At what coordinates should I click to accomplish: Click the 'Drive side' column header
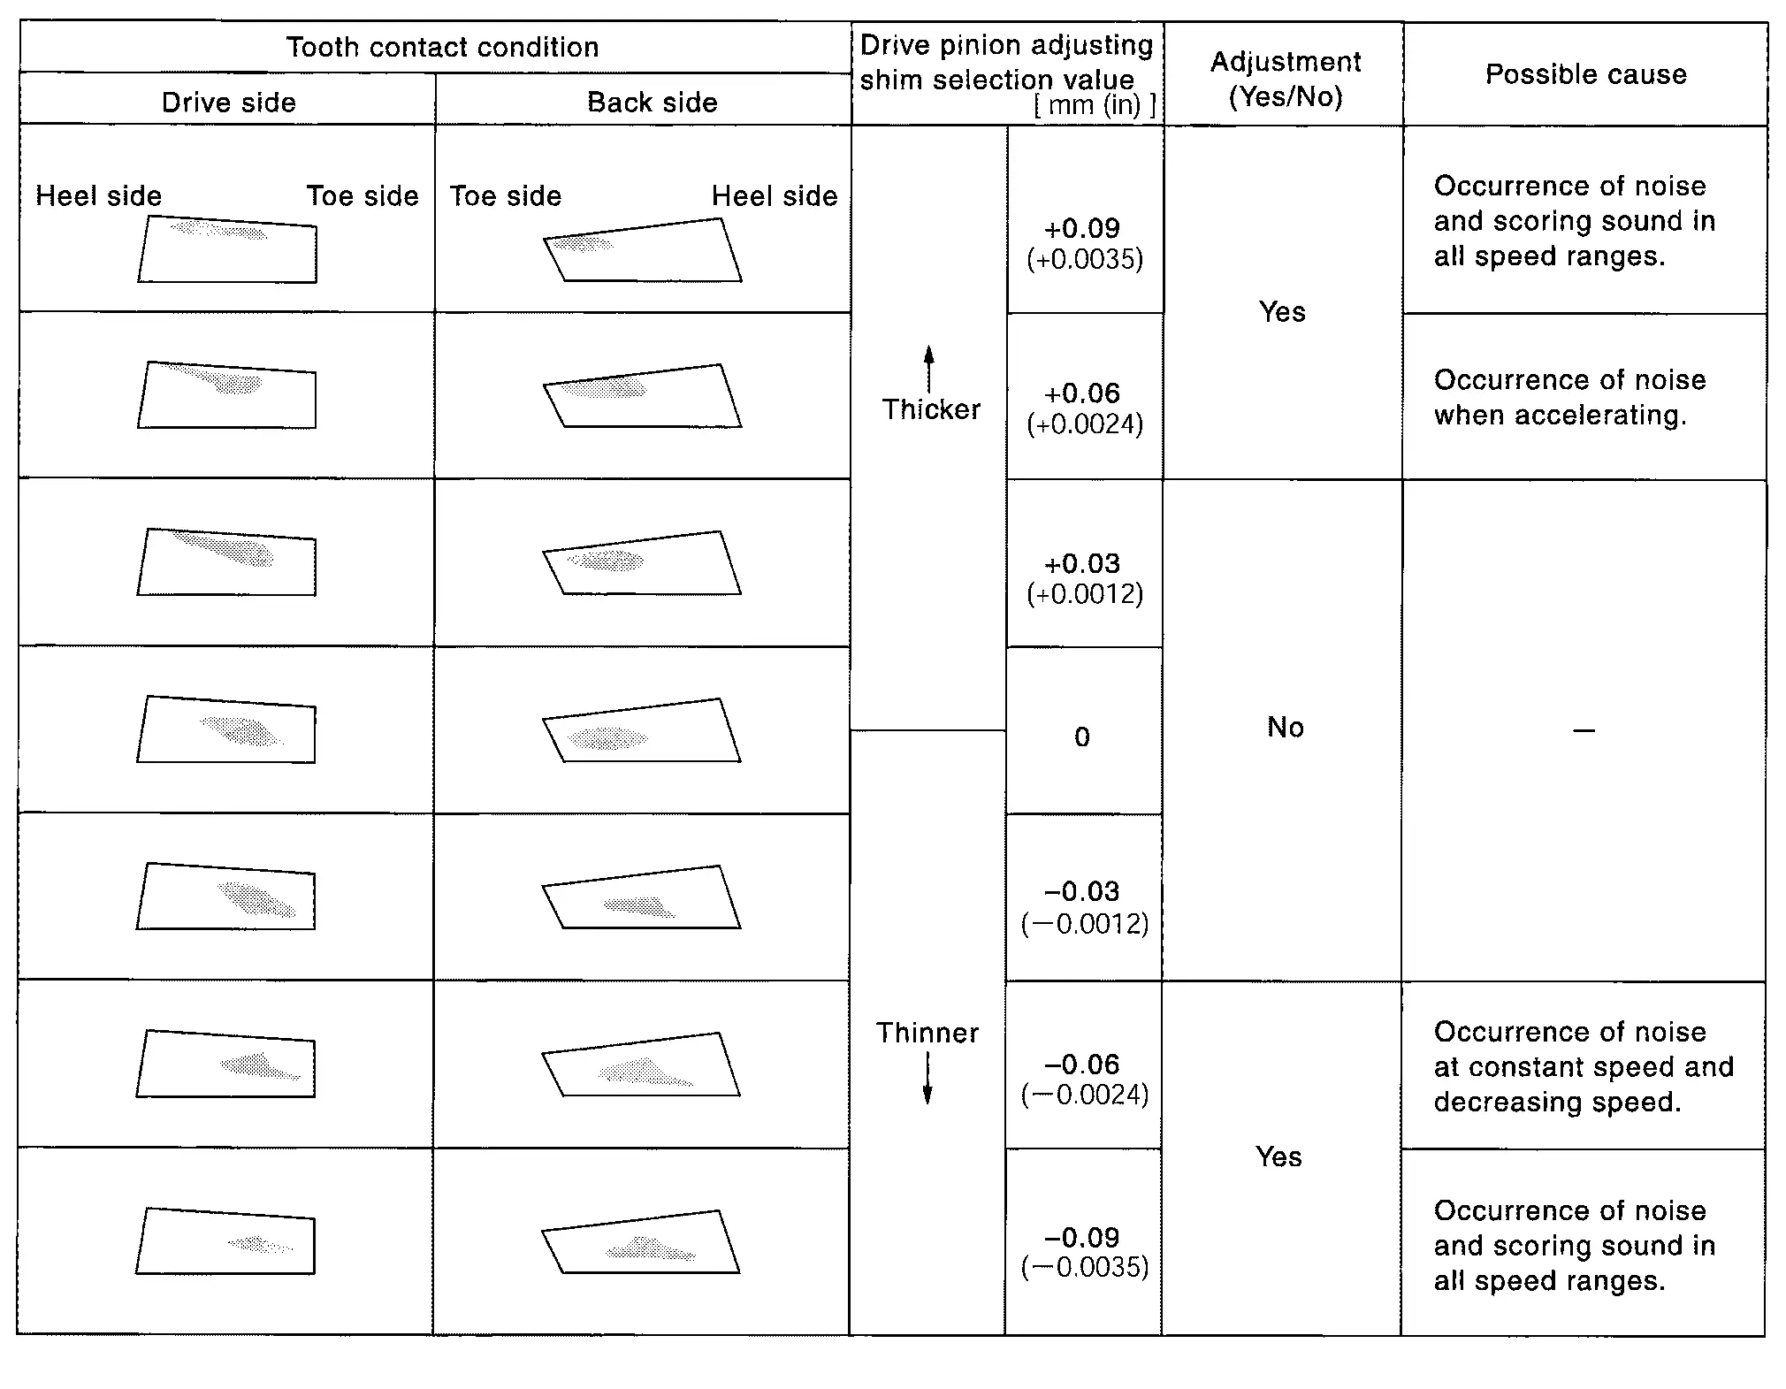(228, 103)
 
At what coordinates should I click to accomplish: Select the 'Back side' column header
(652, 103)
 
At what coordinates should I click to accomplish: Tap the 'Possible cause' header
(1585, 74)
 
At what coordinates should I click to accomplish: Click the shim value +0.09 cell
(1084, 242)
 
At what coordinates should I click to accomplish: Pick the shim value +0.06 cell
(1084, 408)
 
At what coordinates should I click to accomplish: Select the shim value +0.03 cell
(1084, 577)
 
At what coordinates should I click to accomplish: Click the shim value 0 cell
(1082, 736)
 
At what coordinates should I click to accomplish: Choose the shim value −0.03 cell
(1084, 906)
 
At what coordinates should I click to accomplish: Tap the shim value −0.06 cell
(1084, 1079)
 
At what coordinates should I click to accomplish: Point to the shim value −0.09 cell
(1084, 1251)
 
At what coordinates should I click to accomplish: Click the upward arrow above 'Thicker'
(928, 367)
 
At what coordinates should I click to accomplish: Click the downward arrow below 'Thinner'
(927, 1080)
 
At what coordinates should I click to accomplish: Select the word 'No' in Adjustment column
(1285, 727)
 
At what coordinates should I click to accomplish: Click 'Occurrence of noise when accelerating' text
(1569, 397)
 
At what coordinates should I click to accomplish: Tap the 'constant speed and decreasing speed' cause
(1583, 1066)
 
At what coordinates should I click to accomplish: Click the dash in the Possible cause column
(1584, 730)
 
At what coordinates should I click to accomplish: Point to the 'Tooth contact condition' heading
(442, 47)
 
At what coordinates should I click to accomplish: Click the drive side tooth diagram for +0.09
(228, 249)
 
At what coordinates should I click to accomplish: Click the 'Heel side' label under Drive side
(98, 195)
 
